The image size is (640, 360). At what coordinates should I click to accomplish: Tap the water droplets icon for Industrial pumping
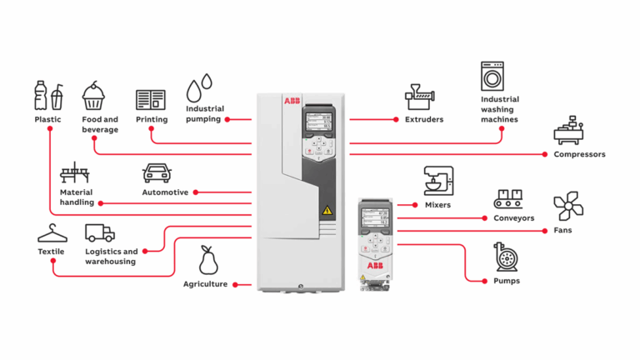199,87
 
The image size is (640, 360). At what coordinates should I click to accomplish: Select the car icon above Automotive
157,172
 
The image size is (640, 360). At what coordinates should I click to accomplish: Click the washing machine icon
493,76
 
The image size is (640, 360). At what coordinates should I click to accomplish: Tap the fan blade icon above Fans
568,206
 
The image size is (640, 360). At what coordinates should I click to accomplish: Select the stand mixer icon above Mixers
438,181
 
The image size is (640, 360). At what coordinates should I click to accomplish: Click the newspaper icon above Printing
151,100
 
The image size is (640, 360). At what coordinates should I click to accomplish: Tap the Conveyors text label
513,218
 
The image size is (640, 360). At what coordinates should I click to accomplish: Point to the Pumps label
506,281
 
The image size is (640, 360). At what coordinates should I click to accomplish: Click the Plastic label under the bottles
47,119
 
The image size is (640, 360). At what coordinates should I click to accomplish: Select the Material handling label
77,197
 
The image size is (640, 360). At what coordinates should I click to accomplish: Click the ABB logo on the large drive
292,102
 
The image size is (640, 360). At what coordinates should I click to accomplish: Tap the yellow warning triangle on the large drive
327,210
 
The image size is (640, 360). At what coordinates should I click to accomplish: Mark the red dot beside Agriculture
237,285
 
